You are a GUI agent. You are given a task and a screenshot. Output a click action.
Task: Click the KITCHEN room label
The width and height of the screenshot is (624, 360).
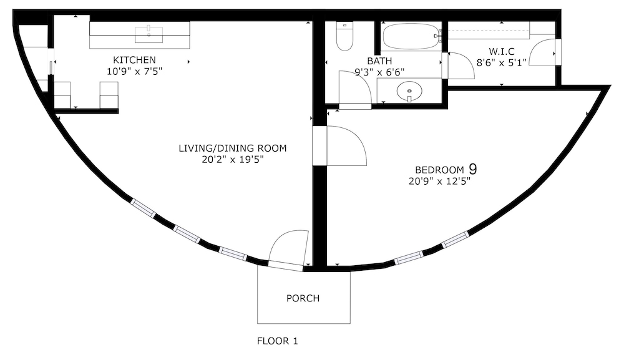click(134, 60)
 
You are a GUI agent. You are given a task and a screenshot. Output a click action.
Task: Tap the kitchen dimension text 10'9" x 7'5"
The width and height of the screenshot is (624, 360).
click(135, 72)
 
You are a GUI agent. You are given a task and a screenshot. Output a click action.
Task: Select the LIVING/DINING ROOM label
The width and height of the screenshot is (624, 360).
click(232, 148)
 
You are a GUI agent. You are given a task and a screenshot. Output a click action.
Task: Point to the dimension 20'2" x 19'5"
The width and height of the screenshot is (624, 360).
click(233, 160)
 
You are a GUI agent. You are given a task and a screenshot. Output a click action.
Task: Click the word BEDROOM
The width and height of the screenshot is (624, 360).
click(439, 170)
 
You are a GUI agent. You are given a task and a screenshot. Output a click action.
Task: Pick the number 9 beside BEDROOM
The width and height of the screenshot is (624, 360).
click(473, 169)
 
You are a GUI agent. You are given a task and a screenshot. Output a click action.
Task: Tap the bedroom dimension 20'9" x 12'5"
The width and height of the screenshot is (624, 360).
click(440, 182)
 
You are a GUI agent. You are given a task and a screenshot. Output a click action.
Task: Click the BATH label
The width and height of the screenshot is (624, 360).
click(379, 61)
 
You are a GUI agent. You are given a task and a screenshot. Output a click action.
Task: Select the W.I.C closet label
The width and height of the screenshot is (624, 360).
click(502, 51)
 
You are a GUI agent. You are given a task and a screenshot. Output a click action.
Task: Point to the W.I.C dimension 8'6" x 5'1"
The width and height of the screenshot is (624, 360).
click(502, 62)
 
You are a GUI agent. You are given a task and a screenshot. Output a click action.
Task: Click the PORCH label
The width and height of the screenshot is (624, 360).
click(303, 298)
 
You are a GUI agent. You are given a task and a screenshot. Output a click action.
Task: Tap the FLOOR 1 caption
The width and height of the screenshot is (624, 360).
click(278, 341)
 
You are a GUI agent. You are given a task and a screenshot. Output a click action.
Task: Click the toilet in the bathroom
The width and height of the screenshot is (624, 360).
click(344, 36)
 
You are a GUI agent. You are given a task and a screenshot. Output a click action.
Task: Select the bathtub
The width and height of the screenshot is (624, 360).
click(411, 36)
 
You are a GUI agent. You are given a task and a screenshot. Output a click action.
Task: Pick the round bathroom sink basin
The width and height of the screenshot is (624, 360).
click(409, 90)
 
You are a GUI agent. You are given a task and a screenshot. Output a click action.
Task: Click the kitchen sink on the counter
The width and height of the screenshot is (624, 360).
click(149, 34)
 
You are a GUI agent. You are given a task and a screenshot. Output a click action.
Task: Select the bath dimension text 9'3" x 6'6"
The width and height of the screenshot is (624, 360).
click(379, 72)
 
